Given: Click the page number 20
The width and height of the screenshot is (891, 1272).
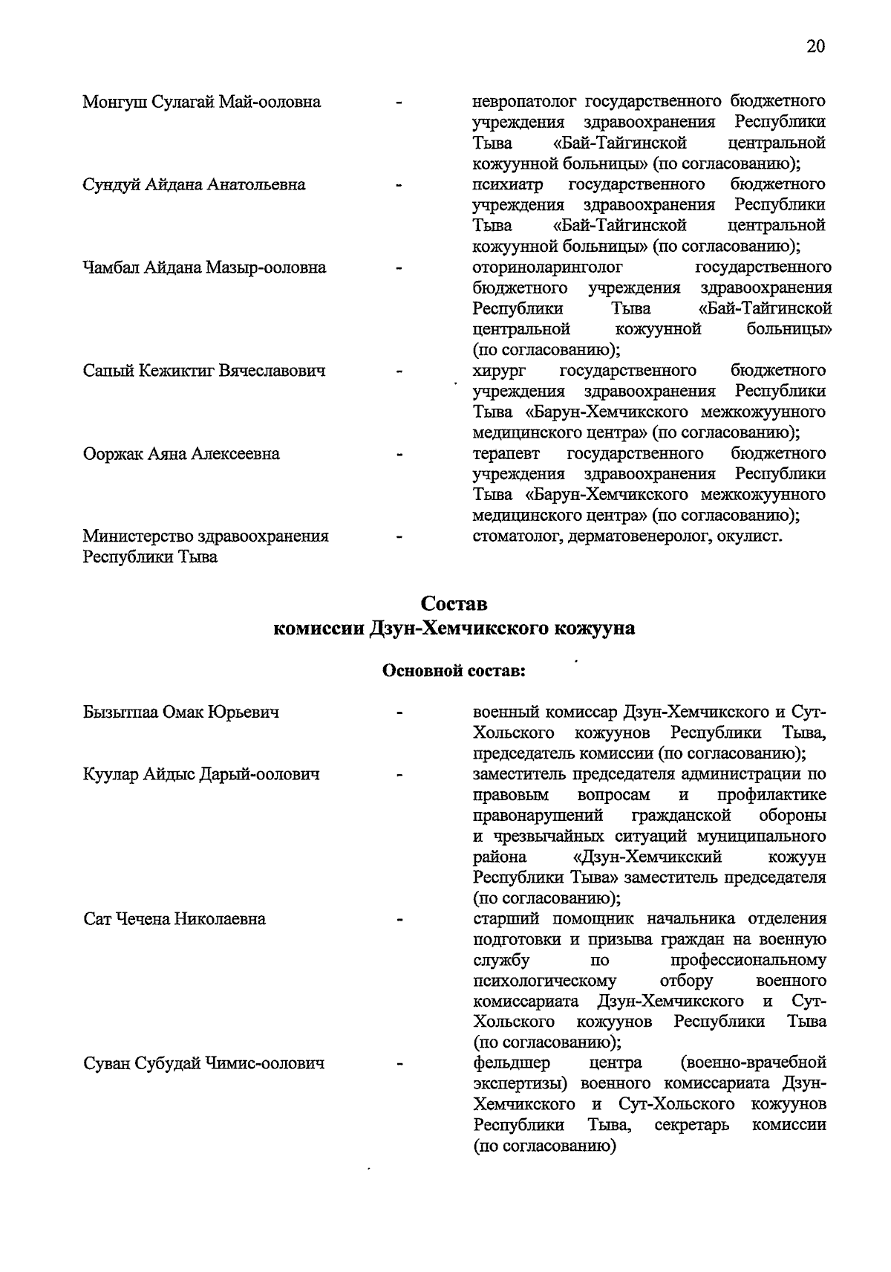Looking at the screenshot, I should pyautogui.click(x=815, y=46).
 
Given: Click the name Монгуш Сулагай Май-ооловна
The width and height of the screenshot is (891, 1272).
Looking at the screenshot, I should pyautogui.click(x=202, y=102).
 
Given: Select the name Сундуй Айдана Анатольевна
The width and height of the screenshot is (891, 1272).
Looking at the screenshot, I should pyautogui.click(x=194, y=184).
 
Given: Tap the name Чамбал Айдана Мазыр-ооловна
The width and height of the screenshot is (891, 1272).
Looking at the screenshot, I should pyautogui.click(x=204, y=267).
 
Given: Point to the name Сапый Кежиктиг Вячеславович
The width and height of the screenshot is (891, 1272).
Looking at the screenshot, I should pyautogui.click(x=204, y=371).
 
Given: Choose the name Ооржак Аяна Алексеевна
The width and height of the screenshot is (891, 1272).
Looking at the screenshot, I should pyautogui.click(x=181, y=454).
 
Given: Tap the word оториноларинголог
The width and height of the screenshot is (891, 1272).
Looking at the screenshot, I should pyautogui.click(x=547, y=267).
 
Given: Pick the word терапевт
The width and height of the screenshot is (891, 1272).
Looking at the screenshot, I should pyautogui.click(x=506, y=454).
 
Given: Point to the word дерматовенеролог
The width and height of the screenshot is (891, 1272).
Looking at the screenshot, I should pyautogui.click(x=639, y=536).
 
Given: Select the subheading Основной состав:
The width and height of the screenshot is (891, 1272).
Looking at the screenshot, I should pyautogui.click(x=454, y=671).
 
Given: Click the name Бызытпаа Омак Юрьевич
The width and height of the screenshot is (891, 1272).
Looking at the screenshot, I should pyautogui.click(x=181, y=713).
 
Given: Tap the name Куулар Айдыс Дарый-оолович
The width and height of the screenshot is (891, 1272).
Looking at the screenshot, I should pyautogui.click(x=201, y=775).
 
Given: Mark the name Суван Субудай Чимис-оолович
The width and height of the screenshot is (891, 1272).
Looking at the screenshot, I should pyautogui.click(x=204, y=1064).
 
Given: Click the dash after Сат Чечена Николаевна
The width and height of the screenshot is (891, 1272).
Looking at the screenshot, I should pyautogui.click(x=400, y=921).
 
